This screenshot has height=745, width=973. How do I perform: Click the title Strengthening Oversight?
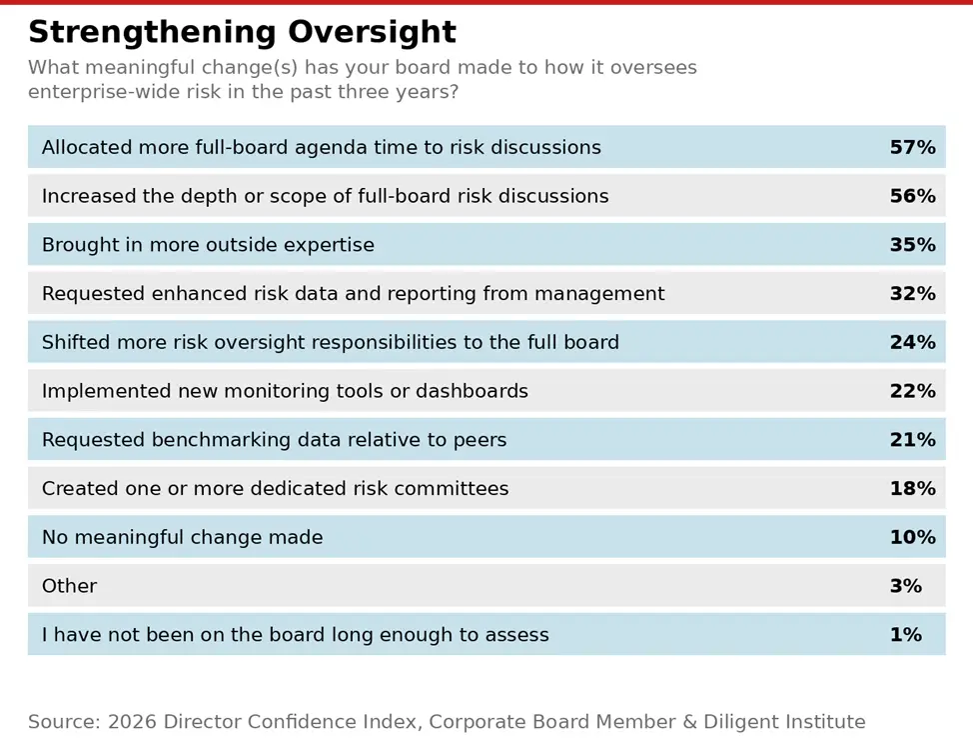(242, 33)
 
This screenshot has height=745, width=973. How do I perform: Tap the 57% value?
(912, 148)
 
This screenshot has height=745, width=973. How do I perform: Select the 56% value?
(912, 197)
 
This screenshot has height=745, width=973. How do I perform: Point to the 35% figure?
(912, 245)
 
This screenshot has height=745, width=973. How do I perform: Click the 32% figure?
(912, 294)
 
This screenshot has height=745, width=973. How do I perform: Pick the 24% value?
(912, 343)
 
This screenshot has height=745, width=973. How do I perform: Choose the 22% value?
(912, 391)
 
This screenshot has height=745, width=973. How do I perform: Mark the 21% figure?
(912, 440)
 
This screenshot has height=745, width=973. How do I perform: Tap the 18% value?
(912, 489)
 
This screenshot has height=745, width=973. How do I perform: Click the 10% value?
(912, 538)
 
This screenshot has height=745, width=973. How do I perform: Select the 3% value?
(905, 586)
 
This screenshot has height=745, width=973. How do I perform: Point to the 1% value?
(905, 635)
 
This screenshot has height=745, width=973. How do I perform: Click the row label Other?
(69, 586)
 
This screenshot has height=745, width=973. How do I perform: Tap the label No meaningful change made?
(182, 538)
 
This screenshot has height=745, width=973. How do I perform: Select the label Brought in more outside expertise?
(208, 245)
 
